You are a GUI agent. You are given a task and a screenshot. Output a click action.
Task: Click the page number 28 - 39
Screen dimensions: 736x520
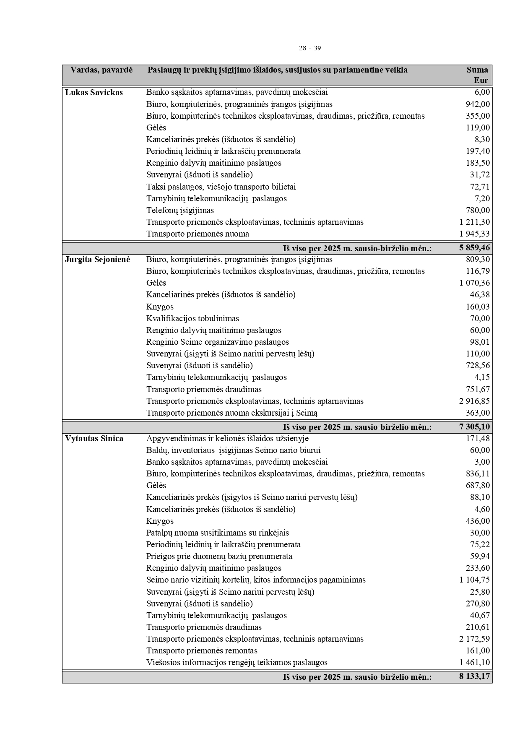(309, 48)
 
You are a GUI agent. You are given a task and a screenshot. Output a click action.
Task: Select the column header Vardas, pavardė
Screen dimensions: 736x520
(101, 70)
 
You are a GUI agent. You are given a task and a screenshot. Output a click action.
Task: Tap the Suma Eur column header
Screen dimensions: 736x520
(478, 75)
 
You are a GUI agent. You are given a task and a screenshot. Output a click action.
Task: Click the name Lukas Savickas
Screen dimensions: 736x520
(94, 92)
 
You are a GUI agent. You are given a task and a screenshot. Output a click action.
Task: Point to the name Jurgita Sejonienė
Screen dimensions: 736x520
(97, 260)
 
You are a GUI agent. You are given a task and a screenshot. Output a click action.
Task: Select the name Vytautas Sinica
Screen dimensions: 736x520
(94, 439)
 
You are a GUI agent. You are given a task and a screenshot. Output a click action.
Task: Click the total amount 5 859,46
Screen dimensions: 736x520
(475, 248)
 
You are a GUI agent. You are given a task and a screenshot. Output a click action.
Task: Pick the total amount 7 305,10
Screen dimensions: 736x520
(475, 427)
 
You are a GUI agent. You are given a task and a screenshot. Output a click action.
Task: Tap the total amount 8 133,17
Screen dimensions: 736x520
(475, 676)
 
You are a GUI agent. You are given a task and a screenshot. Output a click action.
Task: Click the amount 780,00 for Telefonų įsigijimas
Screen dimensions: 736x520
(478, 210)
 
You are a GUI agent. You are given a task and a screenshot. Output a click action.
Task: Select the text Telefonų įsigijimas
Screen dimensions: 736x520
(180, 210)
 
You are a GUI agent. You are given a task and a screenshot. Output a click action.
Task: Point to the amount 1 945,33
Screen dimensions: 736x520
(475, 234)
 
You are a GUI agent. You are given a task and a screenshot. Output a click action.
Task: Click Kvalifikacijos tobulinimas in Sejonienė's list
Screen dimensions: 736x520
(192, 318)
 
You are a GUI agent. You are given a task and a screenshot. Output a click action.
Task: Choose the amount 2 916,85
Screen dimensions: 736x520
(475, 401)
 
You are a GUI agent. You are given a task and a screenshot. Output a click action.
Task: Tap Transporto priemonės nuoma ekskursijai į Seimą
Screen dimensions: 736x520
(232, 413)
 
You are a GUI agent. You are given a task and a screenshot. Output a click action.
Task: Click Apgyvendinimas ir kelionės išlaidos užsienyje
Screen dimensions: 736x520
(227, 439)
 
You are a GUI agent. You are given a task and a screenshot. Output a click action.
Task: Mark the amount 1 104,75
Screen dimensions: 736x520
(475, 580)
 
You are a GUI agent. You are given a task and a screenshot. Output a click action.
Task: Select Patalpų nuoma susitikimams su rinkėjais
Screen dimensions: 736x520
(217, 533)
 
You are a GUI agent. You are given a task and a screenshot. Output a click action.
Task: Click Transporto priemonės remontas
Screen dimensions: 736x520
(202, 650)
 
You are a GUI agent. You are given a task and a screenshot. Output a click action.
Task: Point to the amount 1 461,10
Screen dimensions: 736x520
(475, 663)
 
